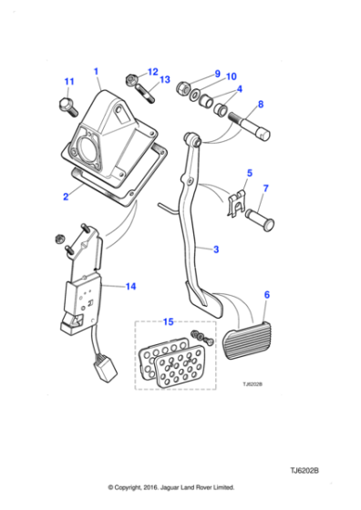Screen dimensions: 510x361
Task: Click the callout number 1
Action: [x=97, y=70]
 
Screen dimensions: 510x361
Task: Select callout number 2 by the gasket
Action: [x=65, y=195]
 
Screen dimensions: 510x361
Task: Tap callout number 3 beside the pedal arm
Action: [x=216, y=250]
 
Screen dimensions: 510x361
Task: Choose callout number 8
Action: [x=261, y=104]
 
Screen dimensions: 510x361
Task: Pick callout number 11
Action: [x=68, y=82]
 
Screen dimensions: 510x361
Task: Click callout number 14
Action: [x=130, y=286]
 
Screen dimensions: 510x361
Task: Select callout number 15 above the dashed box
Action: [x=167, y=321]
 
